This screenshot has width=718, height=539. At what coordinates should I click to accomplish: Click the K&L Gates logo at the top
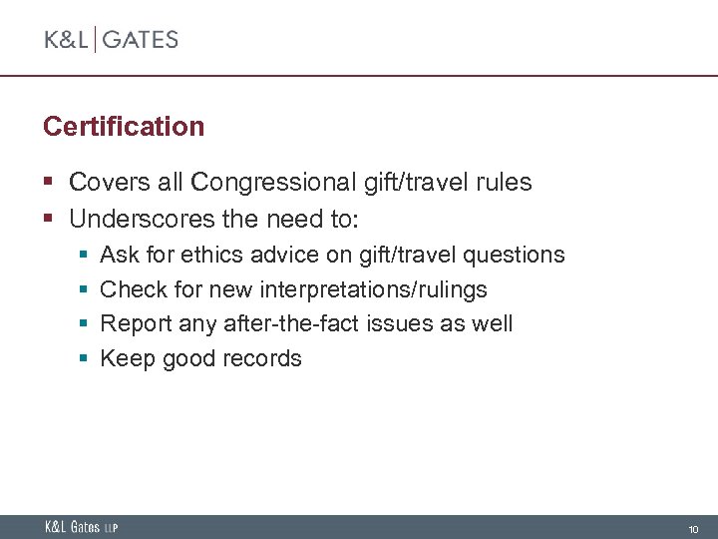click(x=111, y=40)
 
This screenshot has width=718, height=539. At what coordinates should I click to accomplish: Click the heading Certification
click(x=124, y=127)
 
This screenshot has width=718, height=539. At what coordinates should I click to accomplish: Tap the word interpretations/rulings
click(x=373, y=290)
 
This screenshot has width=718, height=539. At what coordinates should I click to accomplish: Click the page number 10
click(x=694, y=528)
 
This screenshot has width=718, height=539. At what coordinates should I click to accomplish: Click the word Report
click(x=136, y=324)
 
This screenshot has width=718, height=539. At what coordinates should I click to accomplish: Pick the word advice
click(x=276, y=256)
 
